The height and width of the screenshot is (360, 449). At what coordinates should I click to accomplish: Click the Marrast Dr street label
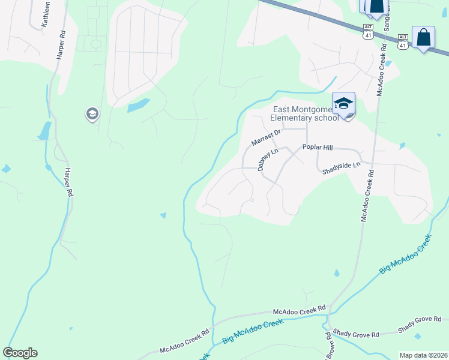[x=266, y=138]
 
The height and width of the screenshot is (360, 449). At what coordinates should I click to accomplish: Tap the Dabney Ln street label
[x=268, y=160]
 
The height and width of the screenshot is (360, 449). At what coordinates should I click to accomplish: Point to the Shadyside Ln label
[x=341, y=164]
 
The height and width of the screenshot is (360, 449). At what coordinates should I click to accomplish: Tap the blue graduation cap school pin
[x=343, y=104]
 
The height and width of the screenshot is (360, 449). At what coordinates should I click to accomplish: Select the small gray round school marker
[x=92, y=113]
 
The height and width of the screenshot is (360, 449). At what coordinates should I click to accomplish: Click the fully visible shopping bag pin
[x=423, y=37]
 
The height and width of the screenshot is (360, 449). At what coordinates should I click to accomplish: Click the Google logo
[x=20, y=353]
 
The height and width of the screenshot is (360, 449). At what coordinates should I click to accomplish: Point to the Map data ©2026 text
[x=423, y=355]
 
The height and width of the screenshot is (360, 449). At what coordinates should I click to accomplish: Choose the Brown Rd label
[x=329, y=342]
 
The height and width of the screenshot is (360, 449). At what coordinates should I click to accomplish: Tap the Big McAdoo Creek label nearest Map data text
[x=405, y=254]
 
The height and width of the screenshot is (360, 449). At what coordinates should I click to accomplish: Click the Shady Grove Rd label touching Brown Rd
[x=357, y=334]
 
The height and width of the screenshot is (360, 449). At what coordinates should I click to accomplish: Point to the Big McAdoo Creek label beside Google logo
[x=252, y=331]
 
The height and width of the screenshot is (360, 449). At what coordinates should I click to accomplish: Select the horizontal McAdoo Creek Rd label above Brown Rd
[x=299, y=310]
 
